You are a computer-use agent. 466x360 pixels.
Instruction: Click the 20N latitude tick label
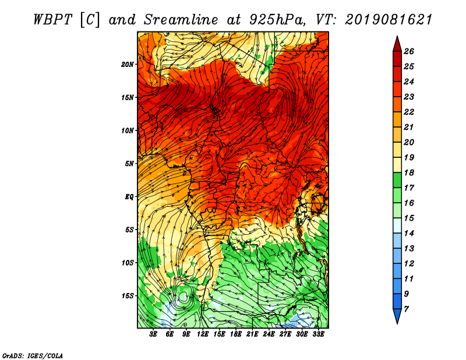(x=128, y=65)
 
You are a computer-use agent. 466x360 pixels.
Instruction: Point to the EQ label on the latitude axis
(x=129, y=197)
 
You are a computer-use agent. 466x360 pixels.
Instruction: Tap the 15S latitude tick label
(x=128, y=296)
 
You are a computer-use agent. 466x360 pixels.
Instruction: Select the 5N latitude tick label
(x=129, y=164)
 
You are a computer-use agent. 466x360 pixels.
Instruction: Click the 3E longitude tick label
(x=153, y=334)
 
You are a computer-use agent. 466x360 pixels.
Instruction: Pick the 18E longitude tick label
(x=236, y=334)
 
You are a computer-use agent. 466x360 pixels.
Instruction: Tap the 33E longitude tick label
(x=318, y=334)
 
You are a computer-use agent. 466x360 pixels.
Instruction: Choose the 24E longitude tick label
(x=269, y=334)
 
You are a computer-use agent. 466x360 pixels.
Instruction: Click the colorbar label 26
(x=409, y=51)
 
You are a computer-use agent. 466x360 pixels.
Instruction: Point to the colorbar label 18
(x=409, y=172)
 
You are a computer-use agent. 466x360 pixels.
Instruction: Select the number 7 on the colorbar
(x=406, y=309)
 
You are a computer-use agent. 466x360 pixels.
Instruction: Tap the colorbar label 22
(x=409, y=112)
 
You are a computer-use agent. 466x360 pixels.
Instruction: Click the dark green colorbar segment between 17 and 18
(x=397, y=180)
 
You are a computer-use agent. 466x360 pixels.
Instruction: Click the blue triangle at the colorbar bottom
(x=397, y=315)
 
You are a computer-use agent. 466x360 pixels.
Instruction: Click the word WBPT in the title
(x=52, y=20)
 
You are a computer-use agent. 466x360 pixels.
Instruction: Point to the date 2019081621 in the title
(x=389, y=20)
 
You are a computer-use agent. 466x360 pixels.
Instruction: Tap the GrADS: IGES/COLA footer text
(x=33, y=356)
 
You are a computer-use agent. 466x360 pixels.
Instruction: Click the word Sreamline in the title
(x=181, y=20)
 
